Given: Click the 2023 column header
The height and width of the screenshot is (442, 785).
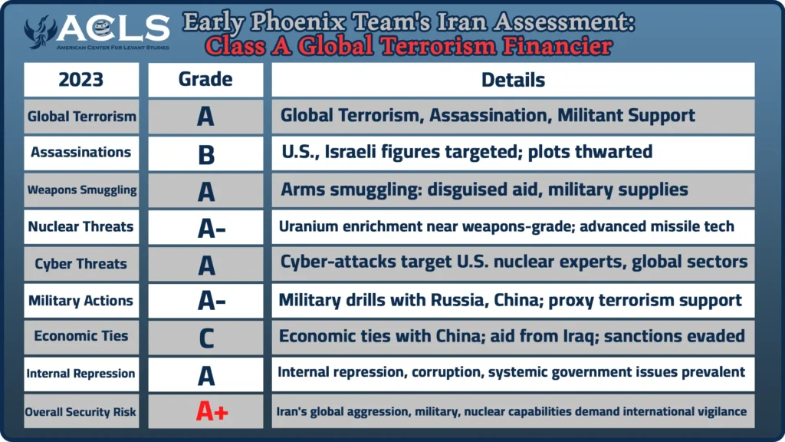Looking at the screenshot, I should pyautogui.click(x=81, y=80).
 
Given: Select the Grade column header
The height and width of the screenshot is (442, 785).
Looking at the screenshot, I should pyautogui.click(x=205, y=80).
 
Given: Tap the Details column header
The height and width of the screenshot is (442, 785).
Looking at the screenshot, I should pyautogui.click(x=513, y=80).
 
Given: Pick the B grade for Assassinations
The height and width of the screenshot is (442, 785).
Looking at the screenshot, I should pyautogui.click(x=205, y=154).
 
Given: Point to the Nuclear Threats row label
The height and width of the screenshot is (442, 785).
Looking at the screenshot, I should pyautogui.click(x=80, y=226).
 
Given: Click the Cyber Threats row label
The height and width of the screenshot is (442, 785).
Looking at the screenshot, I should pyautogui.click(x=81, y=264).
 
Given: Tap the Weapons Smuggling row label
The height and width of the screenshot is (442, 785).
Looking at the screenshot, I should pyautogui.click(x=81, y=190).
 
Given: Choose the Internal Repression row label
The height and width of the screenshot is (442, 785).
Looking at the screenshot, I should pyautogui.click(x=80, y=374).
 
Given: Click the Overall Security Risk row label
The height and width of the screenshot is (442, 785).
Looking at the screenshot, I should pyautogui.click(x=80, y=412).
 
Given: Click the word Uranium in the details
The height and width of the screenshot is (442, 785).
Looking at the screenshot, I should pyautogui.click(x=305, y=226).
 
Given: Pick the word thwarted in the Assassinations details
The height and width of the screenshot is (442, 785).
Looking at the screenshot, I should pyautogui.click(x=613, y=152).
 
